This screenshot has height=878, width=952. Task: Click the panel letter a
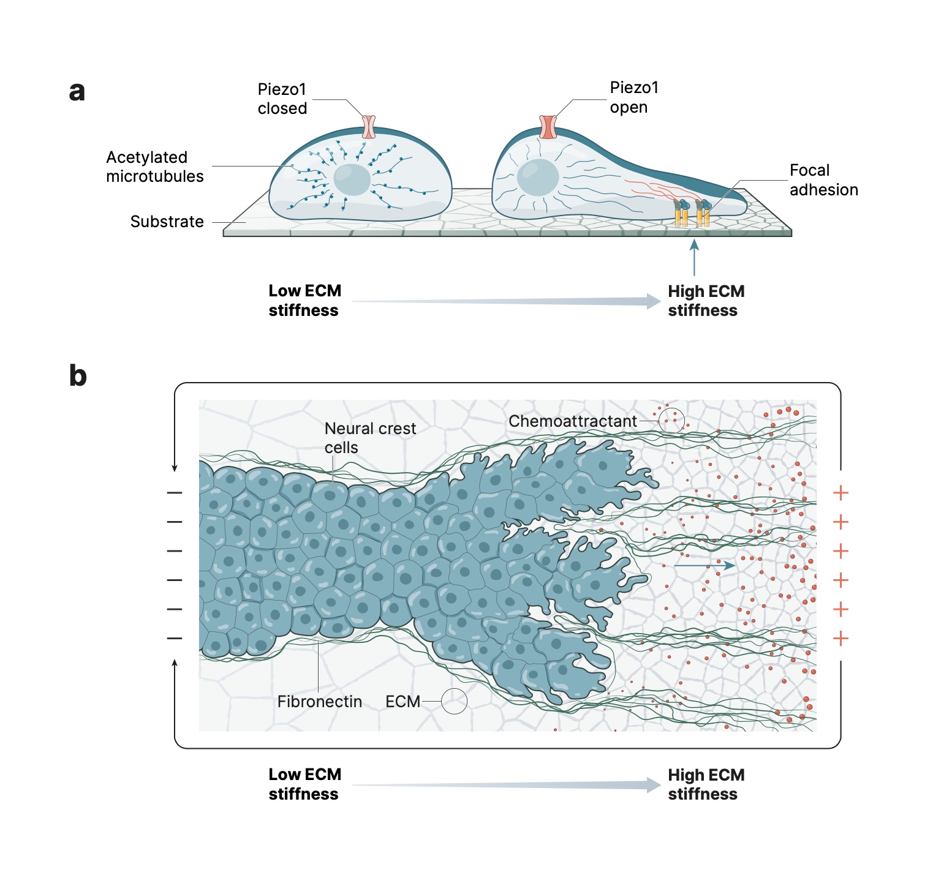77,92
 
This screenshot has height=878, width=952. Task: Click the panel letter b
78,375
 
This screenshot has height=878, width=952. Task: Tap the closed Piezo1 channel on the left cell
369,126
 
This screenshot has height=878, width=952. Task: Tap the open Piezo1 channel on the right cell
548,127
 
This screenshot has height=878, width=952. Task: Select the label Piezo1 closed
282,99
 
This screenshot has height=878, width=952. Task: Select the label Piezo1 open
633,97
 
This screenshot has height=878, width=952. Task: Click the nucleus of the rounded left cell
352,179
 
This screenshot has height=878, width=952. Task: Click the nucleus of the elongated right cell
538,178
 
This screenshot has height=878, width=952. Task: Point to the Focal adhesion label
823,180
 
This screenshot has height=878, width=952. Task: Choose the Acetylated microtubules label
154,167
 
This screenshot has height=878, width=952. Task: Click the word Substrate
167,222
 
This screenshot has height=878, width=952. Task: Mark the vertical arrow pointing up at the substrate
694,257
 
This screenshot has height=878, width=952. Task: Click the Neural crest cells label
369,438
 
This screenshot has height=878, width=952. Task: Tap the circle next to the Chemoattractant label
671,420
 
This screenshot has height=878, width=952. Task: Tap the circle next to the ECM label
454,701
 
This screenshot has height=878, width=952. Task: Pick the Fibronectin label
319,702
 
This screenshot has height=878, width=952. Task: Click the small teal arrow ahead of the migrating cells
704,565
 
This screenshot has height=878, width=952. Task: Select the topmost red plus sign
841,493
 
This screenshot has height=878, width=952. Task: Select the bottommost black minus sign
175,639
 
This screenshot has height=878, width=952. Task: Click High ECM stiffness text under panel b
706,784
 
